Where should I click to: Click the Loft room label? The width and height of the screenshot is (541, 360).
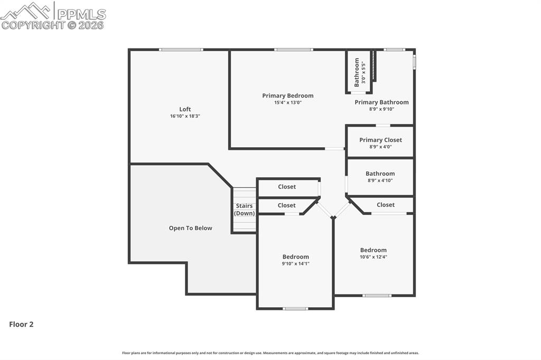(185, 109)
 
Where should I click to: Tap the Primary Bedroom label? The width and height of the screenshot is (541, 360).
(288, 96)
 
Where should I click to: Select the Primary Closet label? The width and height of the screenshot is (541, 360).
(380, 140)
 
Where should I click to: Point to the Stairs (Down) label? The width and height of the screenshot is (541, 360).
(244, 210)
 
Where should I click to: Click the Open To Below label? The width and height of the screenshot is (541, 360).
(190, 228)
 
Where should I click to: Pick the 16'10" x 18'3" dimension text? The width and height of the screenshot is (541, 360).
(185, 116)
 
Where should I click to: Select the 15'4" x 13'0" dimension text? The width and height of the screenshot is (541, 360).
(288, 102)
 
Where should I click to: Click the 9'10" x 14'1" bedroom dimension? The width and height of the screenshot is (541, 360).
(295, 263)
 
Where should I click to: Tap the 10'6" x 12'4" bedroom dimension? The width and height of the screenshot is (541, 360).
(374, 257)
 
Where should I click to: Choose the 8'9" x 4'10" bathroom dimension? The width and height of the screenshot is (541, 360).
(380, 181)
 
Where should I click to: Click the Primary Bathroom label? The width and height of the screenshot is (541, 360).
(381, 102)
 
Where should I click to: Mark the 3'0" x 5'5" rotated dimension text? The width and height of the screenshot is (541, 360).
(363, 72)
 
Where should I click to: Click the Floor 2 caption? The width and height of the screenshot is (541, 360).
(21, 325)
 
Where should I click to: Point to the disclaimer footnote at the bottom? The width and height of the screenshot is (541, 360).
(270, 353)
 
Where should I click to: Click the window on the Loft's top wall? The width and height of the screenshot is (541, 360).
(181, 50)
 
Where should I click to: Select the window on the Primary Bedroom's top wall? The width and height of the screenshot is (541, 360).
(293, 50)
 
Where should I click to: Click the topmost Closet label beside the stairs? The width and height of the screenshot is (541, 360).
(287, 187)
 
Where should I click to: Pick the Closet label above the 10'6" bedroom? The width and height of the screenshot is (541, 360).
(386, 205)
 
